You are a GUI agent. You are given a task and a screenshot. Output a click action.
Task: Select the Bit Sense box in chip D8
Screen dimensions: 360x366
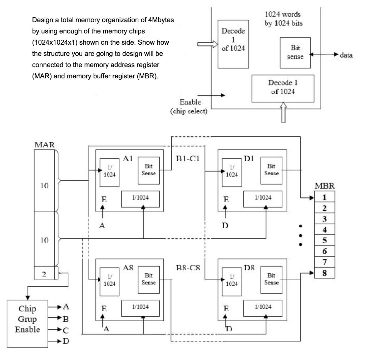click(x=271, y=280)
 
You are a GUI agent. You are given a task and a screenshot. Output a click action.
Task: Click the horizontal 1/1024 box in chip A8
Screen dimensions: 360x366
click(x=140, y=306)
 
